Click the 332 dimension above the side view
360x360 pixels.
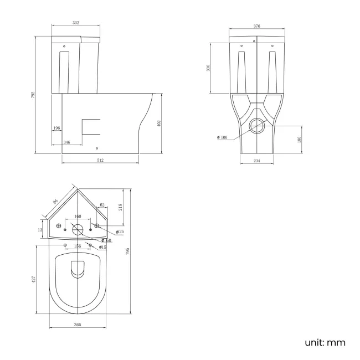(76, 23)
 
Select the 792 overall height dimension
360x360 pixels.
(33, 95)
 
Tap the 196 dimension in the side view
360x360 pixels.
(57, 128)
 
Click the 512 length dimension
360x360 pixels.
(100, 160)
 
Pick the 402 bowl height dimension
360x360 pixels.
(159, 123)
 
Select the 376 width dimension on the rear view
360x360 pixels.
(257, 26)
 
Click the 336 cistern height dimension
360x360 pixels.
(208, 68)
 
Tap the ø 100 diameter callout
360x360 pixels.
(222, 137)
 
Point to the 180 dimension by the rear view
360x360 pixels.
(299, 139)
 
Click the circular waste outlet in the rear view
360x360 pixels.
(258, 126)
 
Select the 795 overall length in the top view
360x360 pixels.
(127, 251)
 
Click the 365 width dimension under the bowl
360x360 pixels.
(78, 325)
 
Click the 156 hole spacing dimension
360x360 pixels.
(78, 246)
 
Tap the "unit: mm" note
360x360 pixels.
(325, 342)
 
